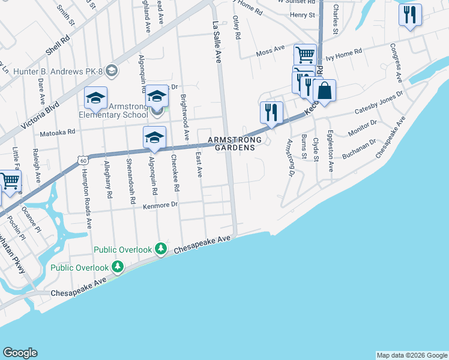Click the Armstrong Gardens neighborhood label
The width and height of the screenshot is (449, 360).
235,143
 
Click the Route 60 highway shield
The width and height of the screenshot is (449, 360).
83,160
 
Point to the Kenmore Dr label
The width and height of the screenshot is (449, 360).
161,205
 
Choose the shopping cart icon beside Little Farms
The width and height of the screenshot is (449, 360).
10,181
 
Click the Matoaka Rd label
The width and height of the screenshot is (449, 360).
58,132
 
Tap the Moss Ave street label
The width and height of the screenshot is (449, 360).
270,52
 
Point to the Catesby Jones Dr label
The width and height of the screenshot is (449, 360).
378,104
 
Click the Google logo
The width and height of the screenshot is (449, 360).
20,353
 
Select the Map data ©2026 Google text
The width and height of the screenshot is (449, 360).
412,355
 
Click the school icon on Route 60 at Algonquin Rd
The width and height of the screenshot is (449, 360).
154,137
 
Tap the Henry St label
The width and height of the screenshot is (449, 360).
302,15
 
